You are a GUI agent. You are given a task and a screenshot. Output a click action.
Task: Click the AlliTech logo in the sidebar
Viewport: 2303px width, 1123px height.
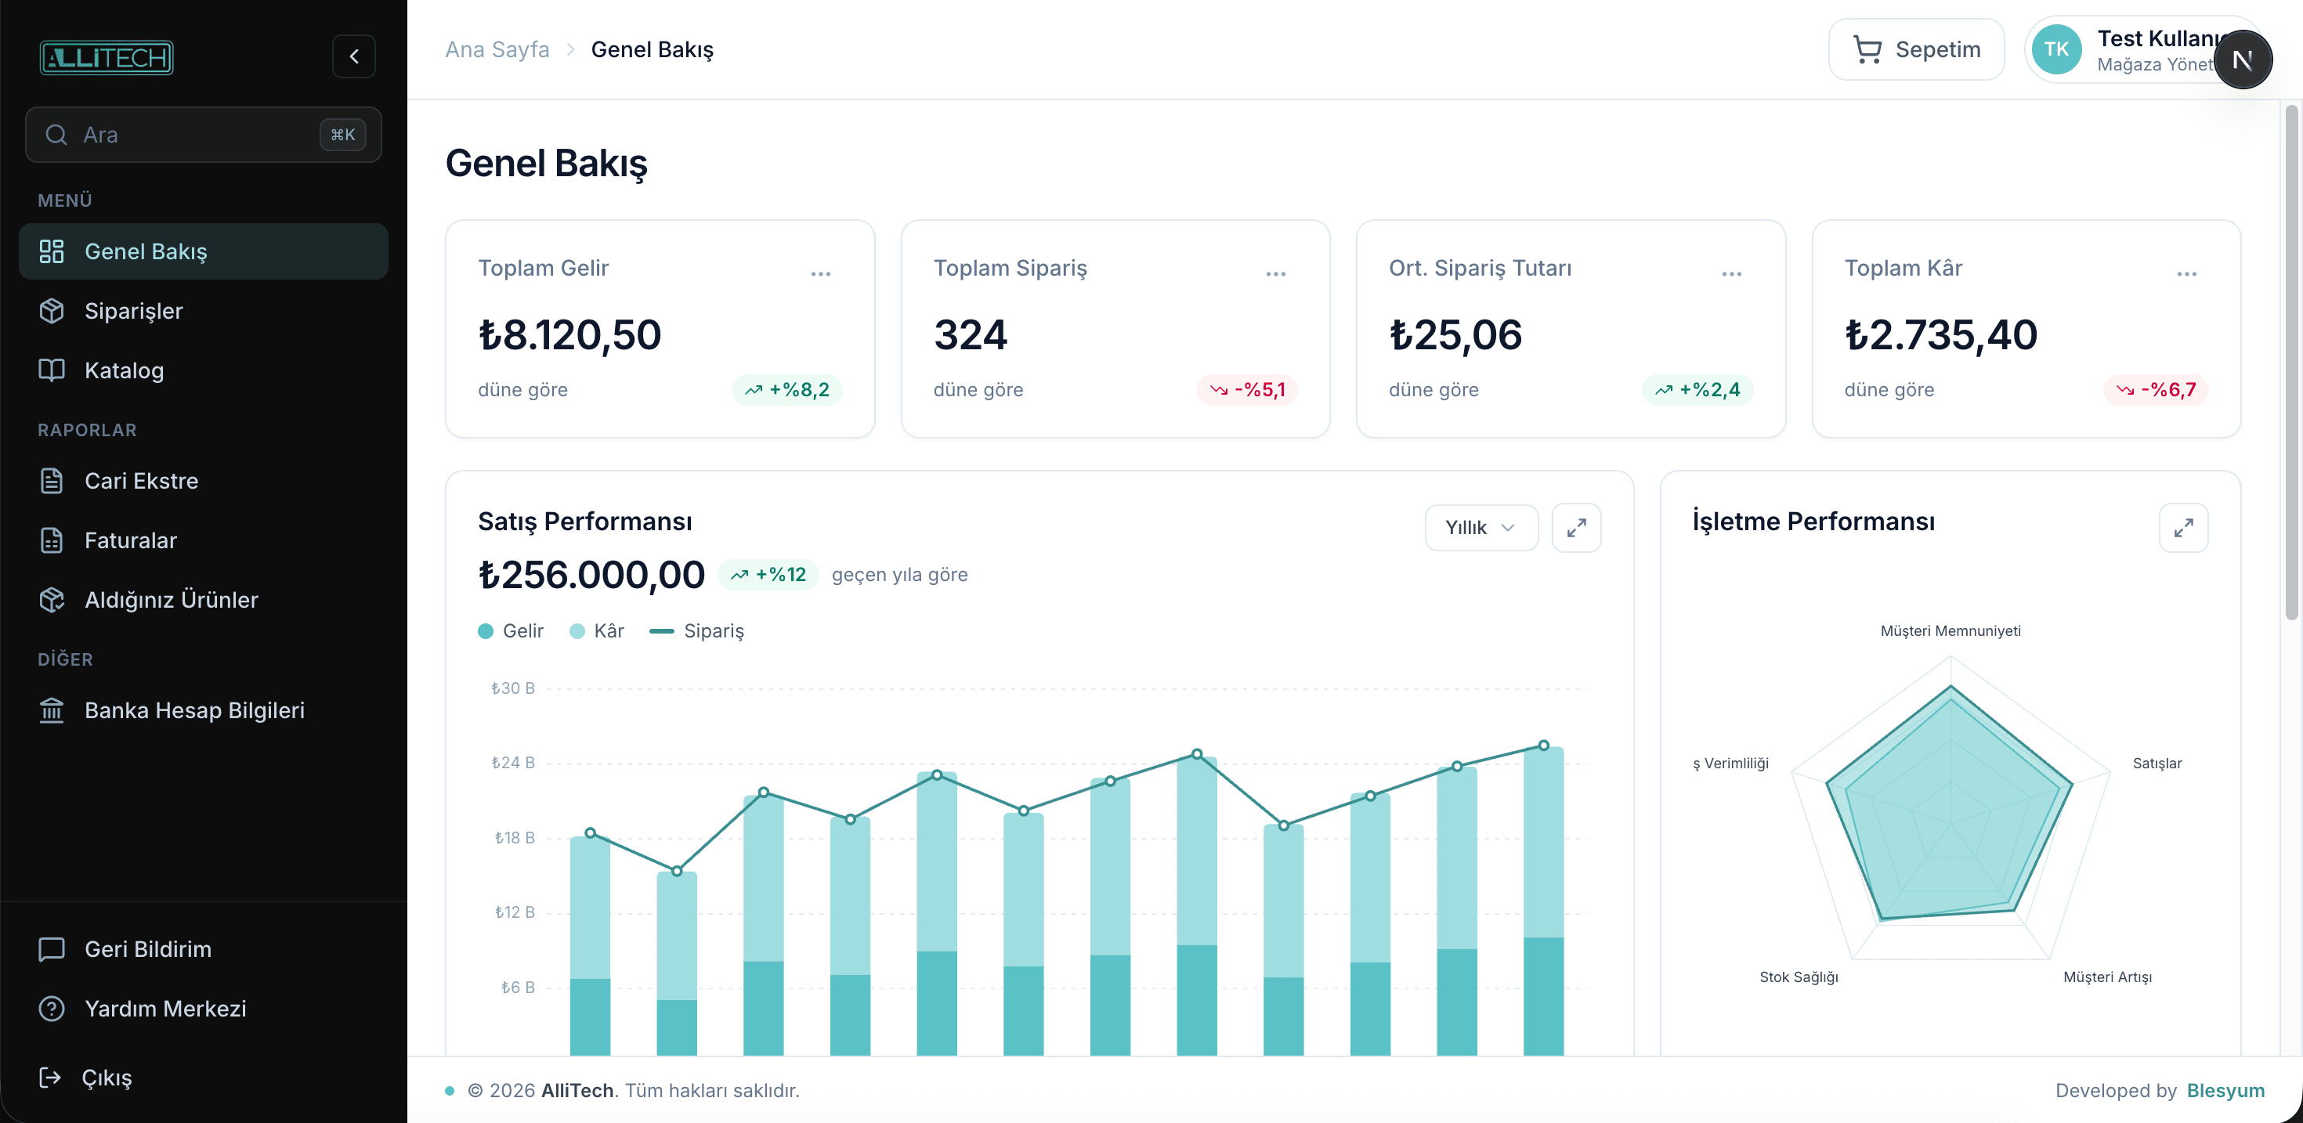pyautogui.click(x=107, y=57)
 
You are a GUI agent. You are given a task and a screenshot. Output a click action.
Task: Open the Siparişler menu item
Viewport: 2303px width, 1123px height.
pyautogui.click(x=133, y=311)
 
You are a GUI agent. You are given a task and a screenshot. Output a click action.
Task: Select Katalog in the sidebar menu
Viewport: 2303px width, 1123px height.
pyautogui.click(x=124, y=370)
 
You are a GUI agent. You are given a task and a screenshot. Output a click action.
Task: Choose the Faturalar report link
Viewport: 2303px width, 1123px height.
pyautogui.click(x=131, y=540)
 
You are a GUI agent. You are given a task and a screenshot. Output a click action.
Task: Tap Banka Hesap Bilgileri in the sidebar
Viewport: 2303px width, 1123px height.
pyautogui.click(x=194, y=710)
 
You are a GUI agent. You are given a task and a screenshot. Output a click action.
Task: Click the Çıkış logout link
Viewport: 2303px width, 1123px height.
pyautogui.click(x=106, y=1078)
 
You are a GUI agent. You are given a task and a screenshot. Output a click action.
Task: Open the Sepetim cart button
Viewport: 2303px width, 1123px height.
pyautogui.click(x=1916, y=50)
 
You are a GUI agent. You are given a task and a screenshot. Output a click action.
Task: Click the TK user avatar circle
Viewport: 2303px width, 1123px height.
pyautogui.click(x=2056, y=50)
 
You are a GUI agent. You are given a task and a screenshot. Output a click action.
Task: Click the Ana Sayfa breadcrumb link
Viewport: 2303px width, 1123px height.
pyautogui.click(x=497, y=50)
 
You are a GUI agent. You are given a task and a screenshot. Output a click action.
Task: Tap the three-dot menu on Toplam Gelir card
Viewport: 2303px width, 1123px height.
pyautogui.click(x=821, y=273)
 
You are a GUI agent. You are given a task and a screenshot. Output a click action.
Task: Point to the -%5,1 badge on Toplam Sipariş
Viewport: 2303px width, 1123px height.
pyautogui.click(x=1248, y=390)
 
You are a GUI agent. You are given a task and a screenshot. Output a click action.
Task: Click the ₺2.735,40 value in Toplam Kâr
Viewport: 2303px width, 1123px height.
pyautogui.click(x=1941, y=335)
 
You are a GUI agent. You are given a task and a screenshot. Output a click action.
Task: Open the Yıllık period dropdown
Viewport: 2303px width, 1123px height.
pyautogui.click(x=1480, y=528)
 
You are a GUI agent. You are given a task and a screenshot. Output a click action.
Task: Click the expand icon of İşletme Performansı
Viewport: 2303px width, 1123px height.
pyautogui.click(x=2183, y=528)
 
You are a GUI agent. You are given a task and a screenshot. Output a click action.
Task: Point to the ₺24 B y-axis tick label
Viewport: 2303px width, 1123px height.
pyautogui.click(x=513, y=763)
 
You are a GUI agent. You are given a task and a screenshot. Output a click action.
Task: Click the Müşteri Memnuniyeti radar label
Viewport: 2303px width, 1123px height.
pyautogui.click(x=1950, y=631)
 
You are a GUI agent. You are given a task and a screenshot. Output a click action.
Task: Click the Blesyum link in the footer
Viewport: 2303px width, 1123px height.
pyautogui.click(x=2225, y=1091)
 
